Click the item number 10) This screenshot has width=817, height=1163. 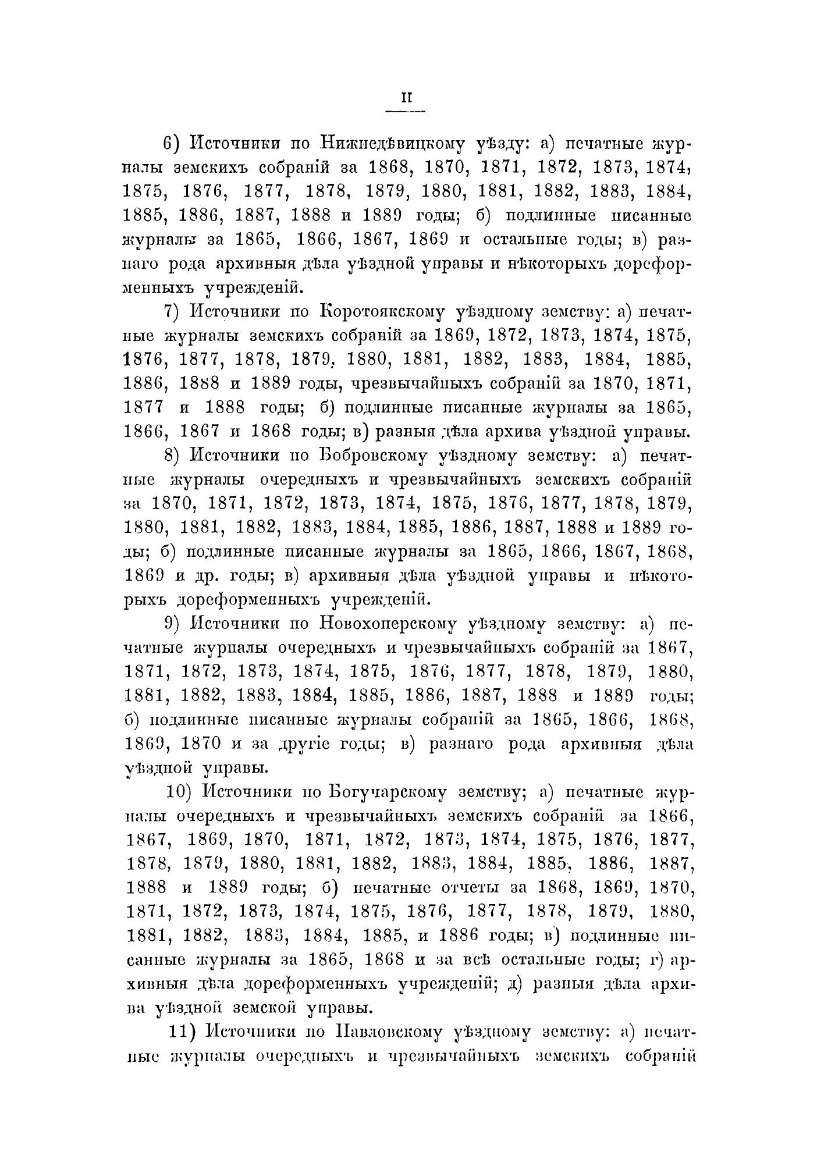coord(177,792)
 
